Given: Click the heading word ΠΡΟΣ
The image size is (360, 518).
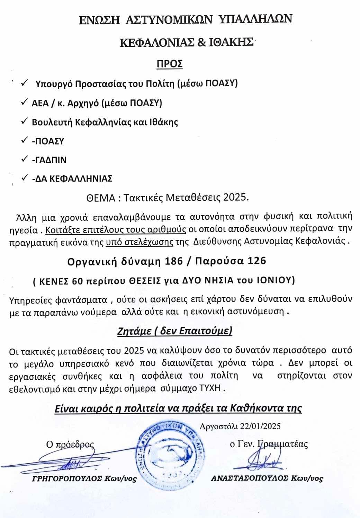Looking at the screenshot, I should [x=170, y=64].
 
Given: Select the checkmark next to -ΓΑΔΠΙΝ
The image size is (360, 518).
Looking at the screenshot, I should [x=25, y=159].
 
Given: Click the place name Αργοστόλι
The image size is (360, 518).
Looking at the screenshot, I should [x=218, y=426].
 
